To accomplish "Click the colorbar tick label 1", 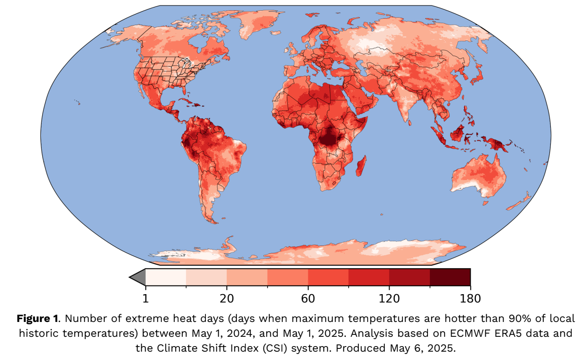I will coord(146,298).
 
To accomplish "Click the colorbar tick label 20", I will coord(227,298).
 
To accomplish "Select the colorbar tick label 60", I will coord(308,298).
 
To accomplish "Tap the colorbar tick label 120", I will coord(389,298).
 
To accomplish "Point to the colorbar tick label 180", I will coord(470,298).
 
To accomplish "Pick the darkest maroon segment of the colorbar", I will coord(450,277).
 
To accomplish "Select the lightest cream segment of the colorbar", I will coord(166,277).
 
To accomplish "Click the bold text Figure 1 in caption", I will coord(37,319).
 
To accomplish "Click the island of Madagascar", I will coord(361,166).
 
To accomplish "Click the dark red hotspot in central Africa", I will coord(330,137).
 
